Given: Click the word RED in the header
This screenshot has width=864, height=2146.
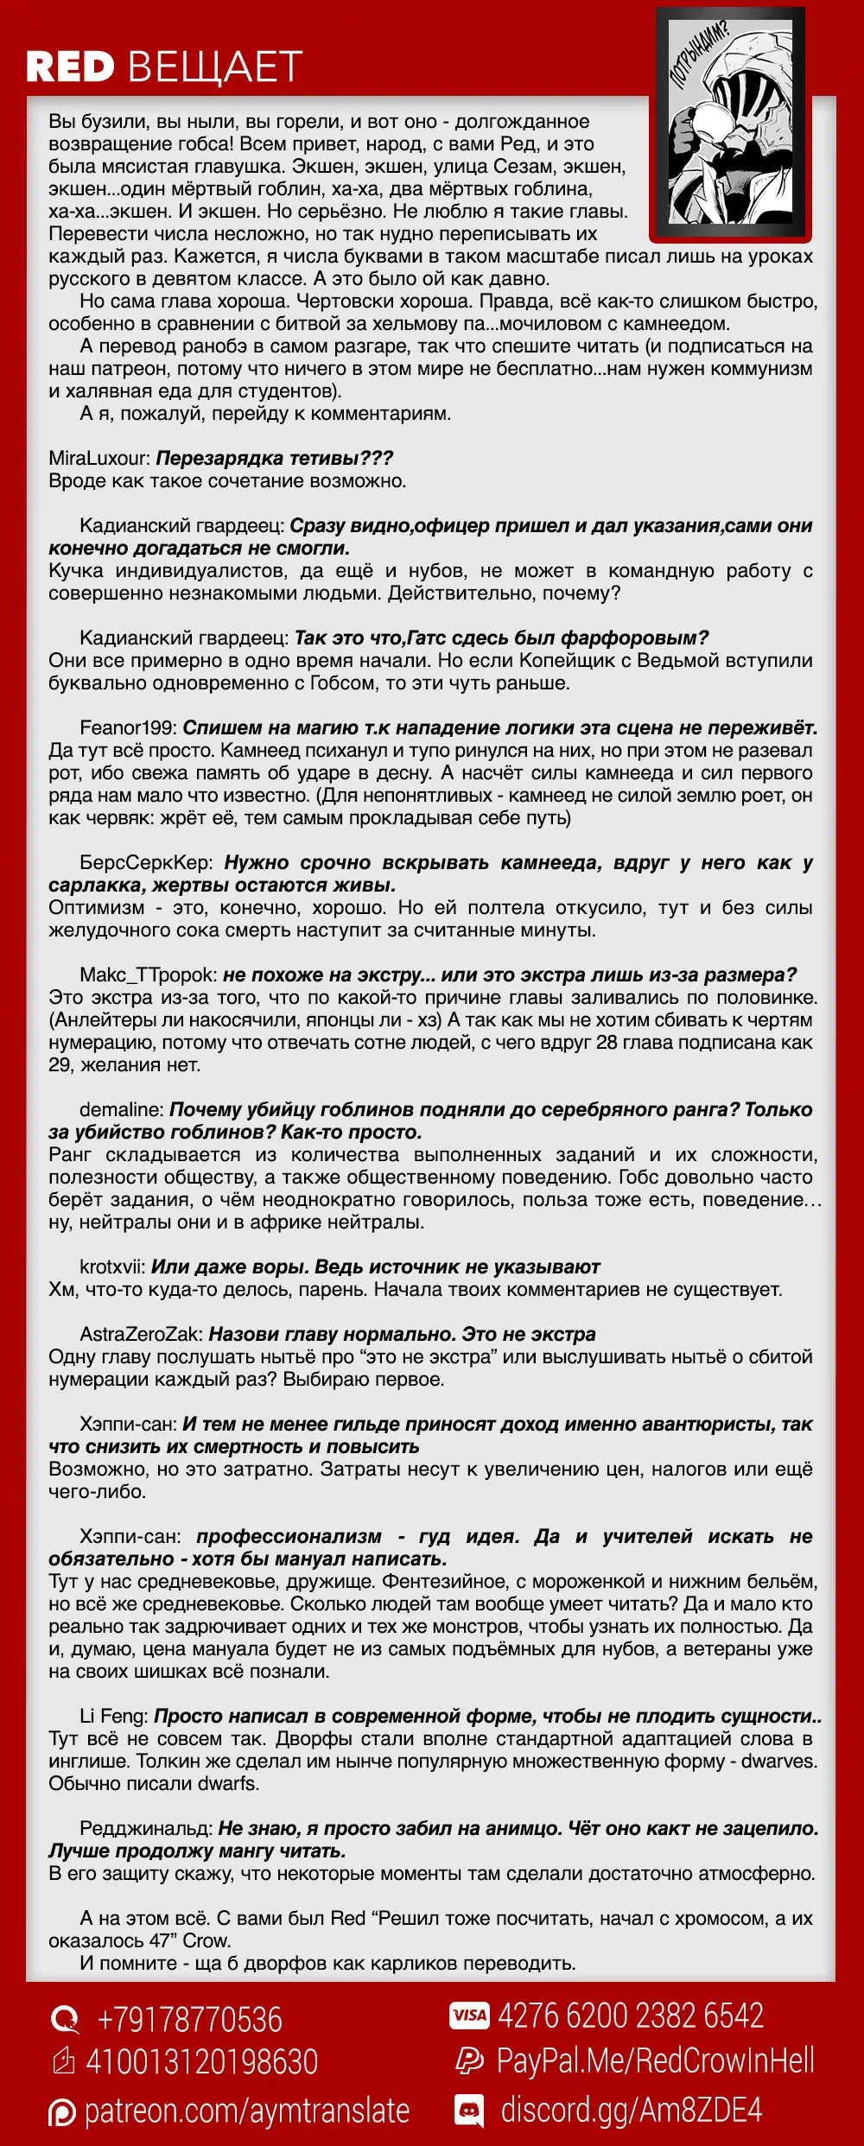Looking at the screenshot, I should point(70,67).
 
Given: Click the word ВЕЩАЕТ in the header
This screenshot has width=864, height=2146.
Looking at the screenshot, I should point(215,67).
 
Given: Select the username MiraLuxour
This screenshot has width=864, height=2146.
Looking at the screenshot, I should point(99,458).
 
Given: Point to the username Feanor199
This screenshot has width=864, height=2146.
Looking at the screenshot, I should point(128,727).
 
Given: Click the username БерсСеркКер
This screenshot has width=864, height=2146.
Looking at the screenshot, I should point(145,862).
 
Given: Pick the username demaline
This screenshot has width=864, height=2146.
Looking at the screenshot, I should point(121,1109).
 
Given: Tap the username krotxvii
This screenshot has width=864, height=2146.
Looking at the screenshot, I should point(111,1267).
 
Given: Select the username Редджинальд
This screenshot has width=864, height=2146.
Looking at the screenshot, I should point(145,1828).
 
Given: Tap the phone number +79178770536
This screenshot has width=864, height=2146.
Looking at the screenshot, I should point(189,2019).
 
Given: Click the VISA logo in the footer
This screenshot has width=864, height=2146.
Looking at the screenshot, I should point(469,2016).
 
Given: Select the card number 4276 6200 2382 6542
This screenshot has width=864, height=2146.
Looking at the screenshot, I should point(631,2016).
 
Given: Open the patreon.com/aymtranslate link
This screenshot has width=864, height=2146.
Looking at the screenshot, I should point(246,2111).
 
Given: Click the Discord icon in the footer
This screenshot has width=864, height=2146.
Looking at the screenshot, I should point(469,2111).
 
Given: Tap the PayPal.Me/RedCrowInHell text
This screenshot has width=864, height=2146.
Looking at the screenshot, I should point(655,2060).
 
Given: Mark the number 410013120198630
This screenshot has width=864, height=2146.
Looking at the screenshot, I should point(201,2061).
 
